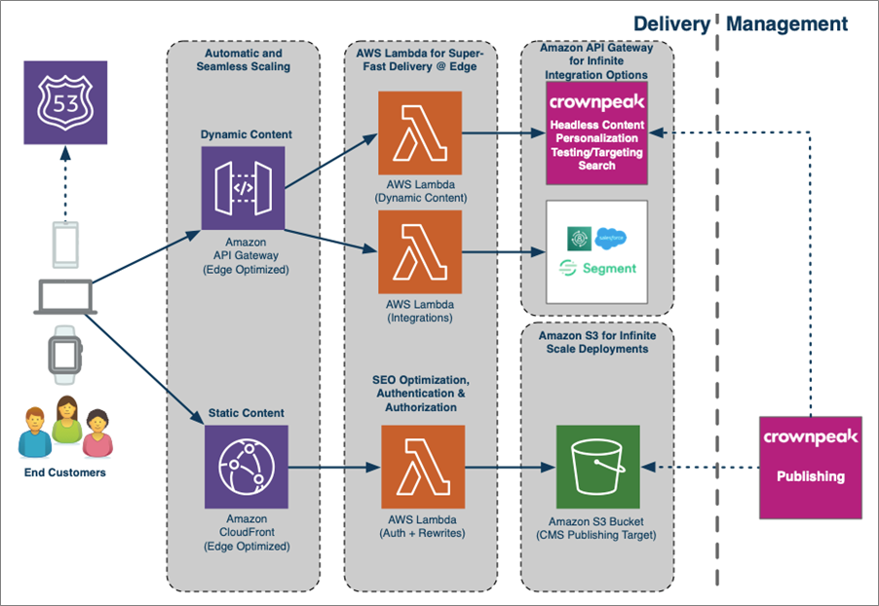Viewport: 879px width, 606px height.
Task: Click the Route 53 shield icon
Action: [x=64, y=103]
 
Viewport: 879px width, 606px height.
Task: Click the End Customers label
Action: [x=66, y=473]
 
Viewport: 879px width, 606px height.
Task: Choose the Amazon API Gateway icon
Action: [x=244, y=187]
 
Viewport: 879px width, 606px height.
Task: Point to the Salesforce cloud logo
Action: [x=611, y=237]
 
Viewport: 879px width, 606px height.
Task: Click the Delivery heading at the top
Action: [x=670, y=23]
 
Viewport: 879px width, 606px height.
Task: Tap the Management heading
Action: [x=788, y=23]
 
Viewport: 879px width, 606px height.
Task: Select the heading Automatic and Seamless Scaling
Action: [x=245, y=58]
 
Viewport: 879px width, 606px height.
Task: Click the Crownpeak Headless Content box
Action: [x=596, y=133]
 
